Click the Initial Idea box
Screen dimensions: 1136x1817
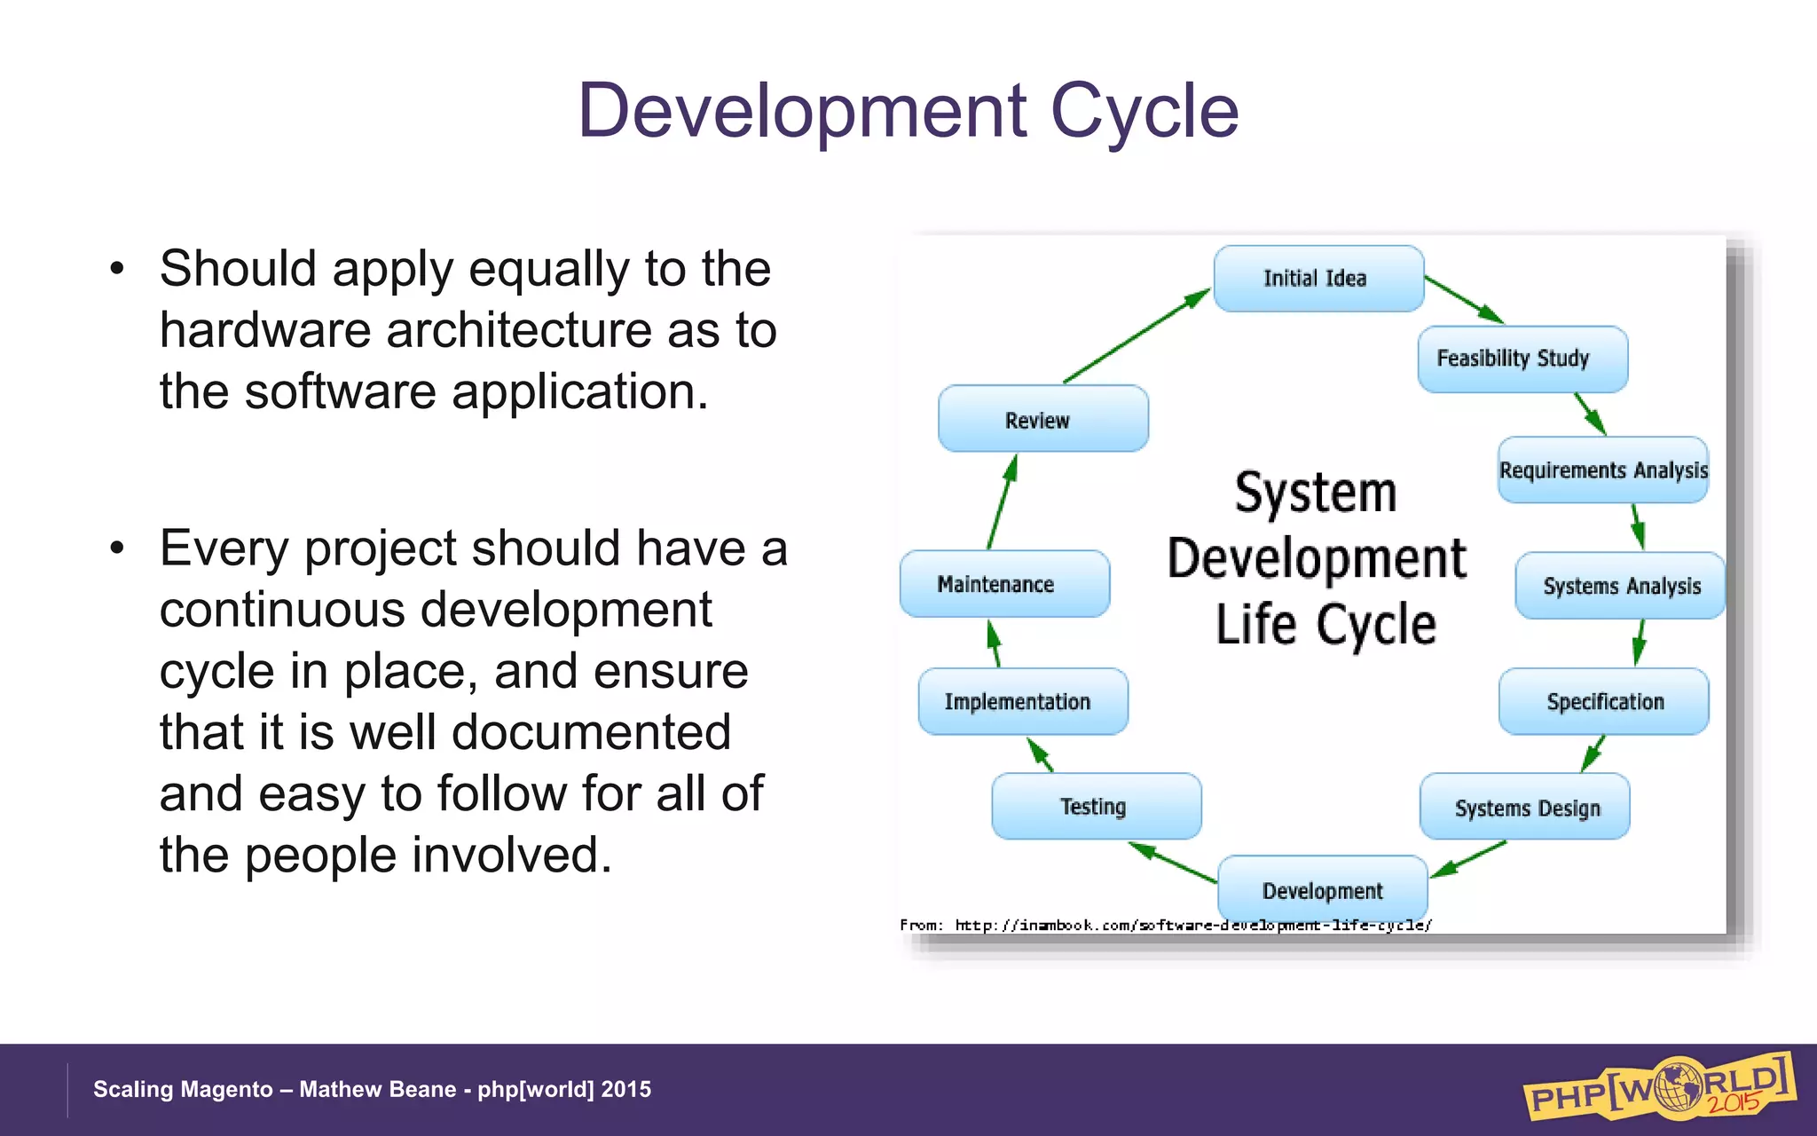point(1318,279)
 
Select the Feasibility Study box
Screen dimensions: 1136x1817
point(1522,359)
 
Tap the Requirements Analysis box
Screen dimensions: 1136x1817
point(1602,469)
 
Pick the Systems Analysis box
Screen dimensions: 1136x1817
point(1620,586)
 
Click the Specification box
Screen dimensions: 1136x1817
point(1604,701)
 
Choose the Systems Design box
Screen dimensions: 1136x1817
point(1525,807)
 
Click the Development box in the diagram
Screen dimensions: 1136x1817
point(1322,889)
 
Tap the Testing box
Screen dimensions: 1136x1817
point(1096,806)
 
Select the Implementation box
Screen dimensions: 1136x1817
point(1022,701)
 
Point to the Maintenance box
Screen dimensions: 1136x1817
point(1003,584)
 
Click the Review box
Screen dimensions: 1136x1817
point(1042,419)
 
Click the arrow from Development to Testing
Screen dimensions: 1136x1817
point(1173,863)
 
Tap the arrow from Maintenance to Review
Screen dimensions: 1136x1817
point(1003,501)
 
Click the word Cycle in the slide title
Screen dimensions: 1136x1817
point(1144,111)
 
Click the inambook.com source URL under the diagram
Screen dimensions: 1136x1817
point(1192,925)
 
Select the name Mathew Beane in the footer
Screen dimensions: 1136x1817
point(377,1089)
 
